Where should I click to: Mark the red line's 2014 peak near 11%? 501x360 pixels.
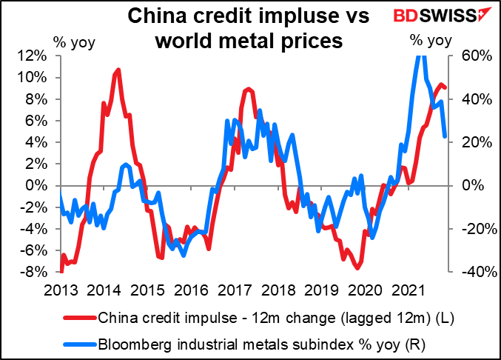click(x=119, y=69)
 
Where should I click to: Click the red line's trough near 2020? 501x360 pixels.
click(x=358, y=269)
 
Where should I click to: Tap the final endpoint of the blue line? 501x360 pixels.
click(x=444, y=136)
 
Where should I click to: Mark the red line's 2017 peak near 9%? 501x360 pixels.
click(x=248, y=88)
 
